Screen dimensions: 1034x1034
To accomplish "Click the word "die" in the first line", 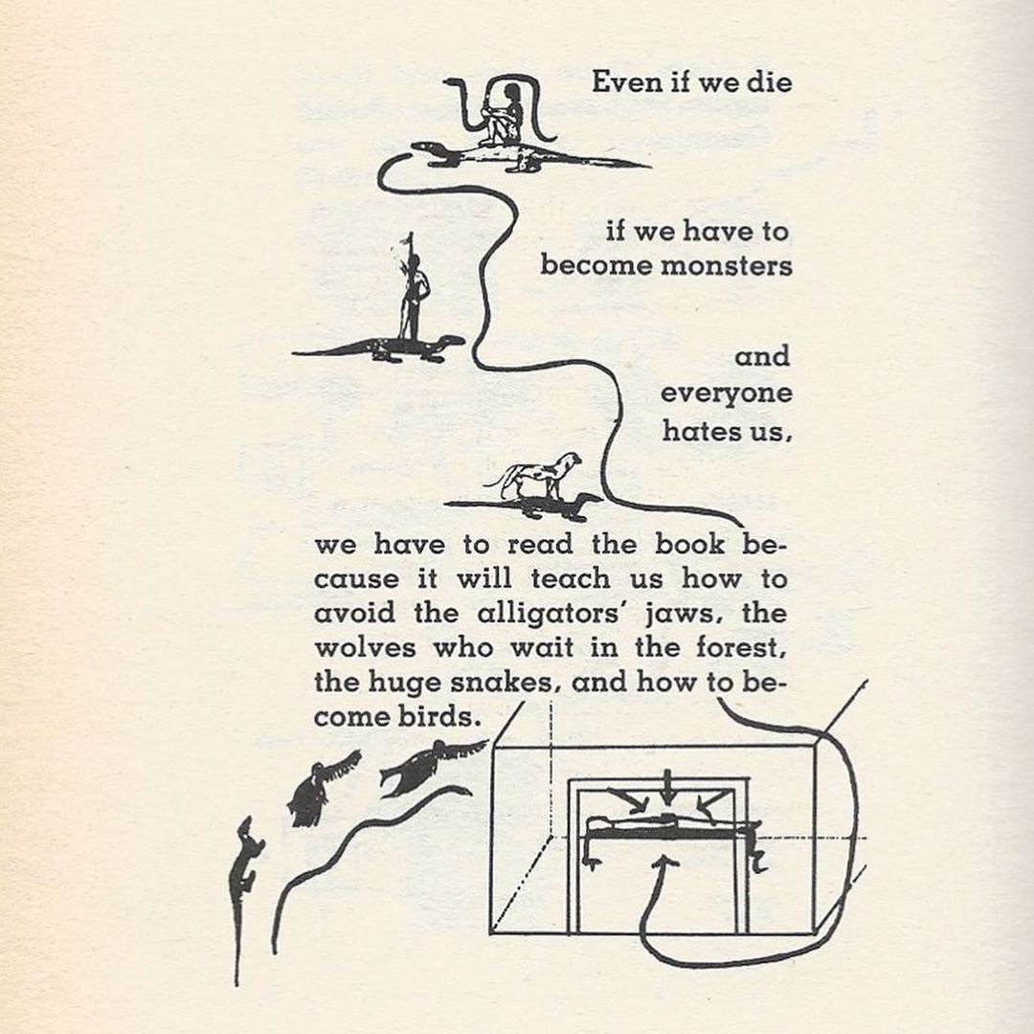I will (771, 82).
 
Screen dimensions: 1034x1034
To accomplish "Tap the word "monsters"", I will (727, 265).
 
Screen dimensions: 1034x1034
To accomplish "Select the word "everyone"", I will (726, 394).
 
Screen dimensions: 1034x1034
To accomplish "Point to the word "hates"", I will (698, 431).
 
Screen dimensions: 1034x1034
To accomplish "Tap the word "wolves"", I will (365, 648).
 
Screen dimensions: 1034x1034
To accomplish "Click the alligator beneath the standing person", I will (383, 348).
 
